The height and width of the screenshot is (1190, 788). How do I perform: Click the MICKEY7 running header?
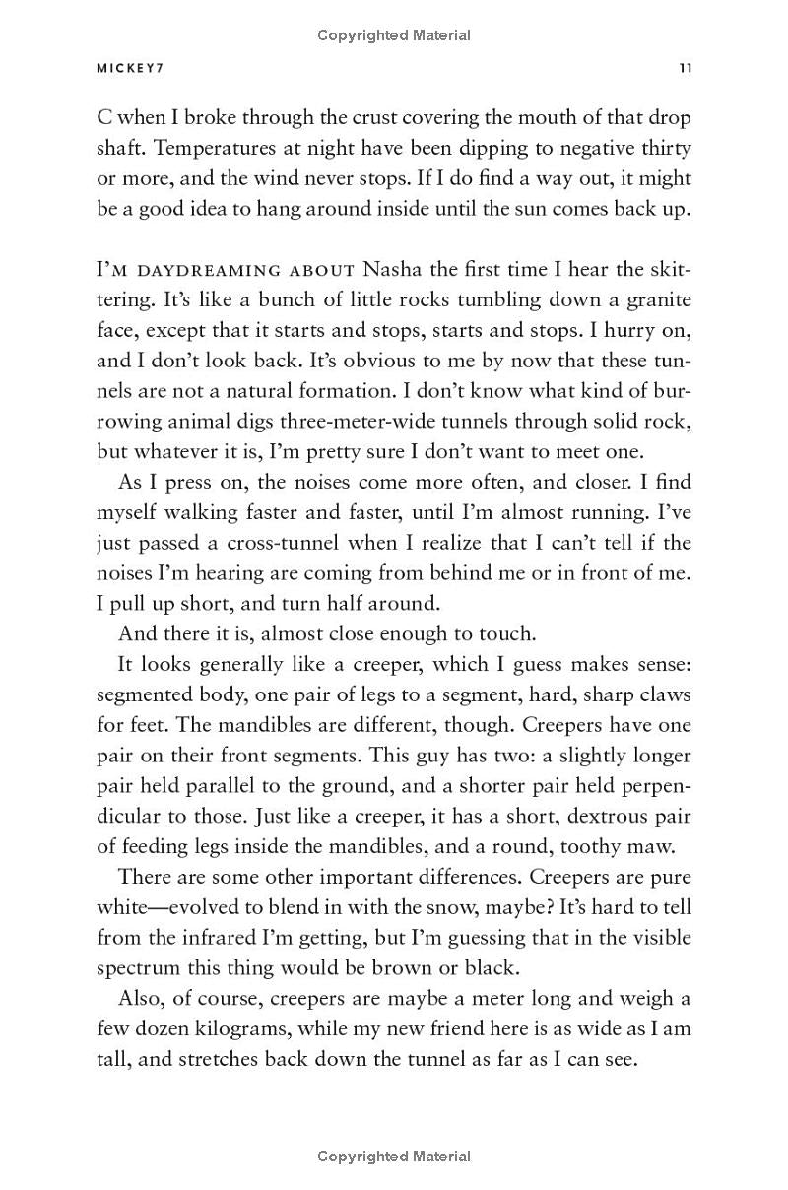coord(130,69)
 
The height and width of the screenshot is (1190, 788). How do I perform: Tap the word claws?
coord(660,694)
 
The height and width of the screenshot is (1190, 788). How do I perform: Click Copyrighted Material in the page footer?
coord(394,1157)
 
